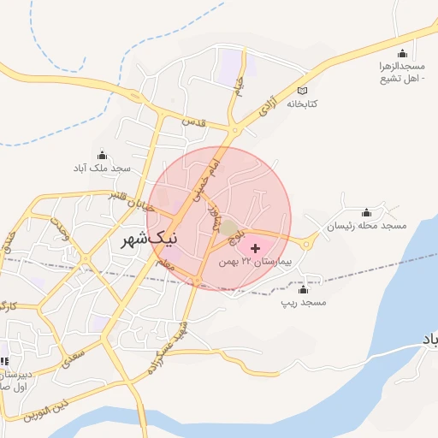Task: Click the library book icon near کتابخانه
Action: coord(301,91)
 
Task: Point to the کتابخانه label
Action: coord(301,104)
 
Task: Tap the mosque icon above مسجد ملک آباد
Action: coord(103,156)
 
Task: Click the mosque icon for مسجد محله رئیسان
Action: coord(367,213)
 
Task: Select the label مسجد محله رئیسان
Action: coord(367,226)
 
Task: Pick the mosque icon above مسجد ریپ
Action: coord(304,290)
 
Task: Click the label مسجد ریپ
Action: coord(304,303)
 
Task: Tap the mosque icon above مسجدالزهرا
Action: coord(403,53)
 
